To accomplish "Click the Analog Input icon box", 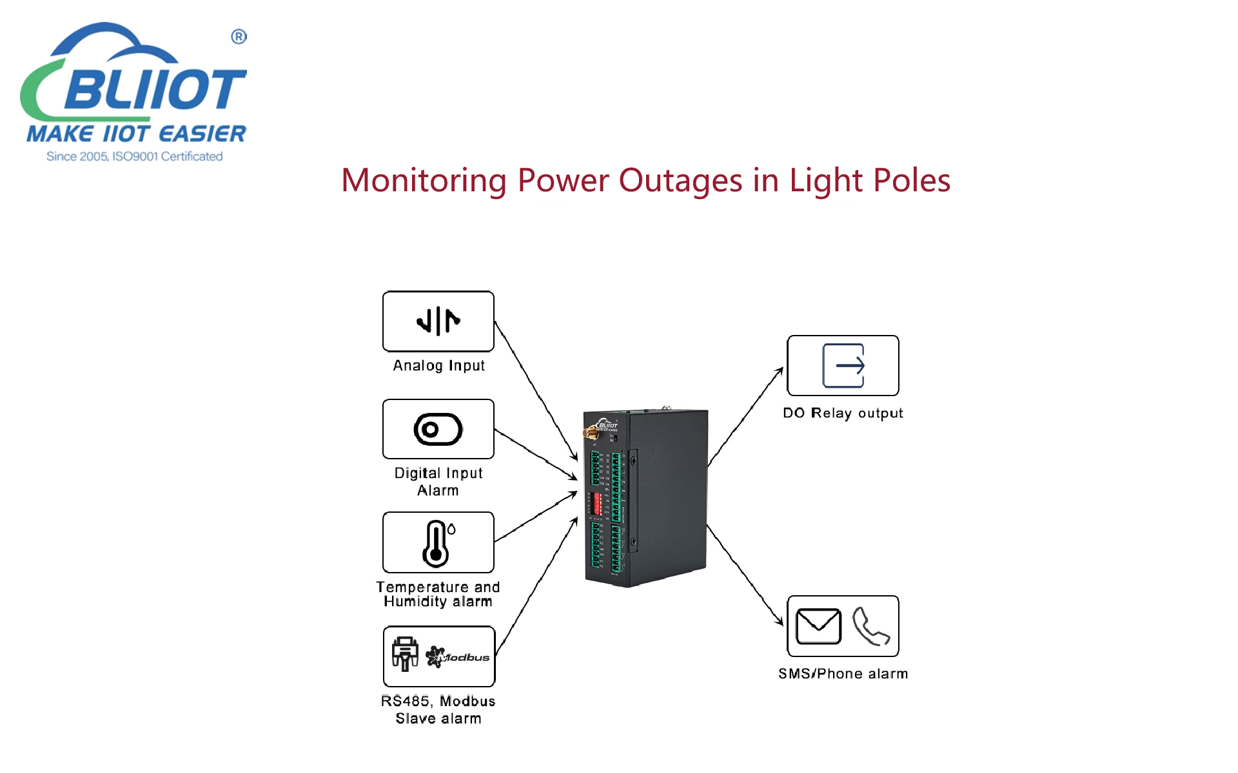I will click(438, 321).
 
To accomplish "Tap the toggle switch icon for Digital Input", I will click(438, 430).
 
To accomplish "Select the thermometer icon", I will click(437, 544).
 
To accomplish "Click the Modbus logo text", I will click(459, 657).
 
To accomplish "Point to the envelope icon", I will click(818, 626).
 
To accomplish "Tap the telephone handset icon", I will click(870, 626).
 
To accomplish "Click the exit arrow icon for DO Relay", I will click(843, 366).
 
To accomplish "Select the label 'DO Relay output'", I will click(843, 413).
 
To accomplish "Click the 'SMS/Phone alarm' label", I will click(843, 674).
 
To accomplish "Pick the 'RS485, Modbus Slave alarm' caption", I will click(438, 710).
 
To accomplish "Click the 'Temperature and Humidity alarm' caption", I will click(438, 594).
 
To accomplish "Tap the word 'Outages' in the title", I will click(680, 180).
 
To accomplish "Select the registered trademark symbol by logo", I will click(239, 37).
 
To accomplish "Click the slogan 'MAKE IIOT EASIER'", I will click(136, 134).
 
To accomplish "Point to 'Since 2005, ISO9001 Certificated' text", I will click(134, 157).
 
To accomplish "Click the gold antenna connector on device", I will click(590, 434).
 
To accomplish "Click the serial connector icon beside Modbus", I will click(405, 654).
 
